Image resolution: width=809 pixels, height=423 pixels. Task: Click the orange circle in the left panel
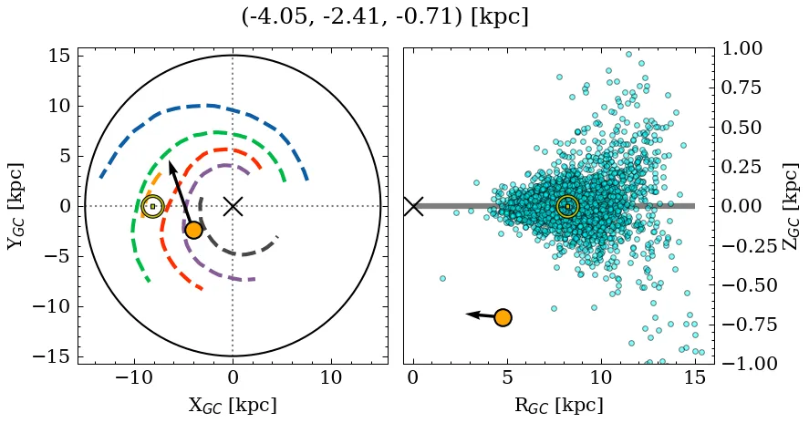point(193,230)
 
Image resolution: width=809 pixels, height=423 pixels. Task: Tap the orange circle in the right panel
point(502,317)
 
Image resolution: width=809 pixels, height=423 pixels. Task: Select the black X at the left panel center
point(233,206)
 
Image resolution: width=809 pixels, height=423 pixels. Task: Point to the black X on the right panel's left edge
point(413,206)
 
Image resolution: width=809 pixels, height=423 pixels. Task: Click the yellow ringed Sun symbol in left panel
point(153,207)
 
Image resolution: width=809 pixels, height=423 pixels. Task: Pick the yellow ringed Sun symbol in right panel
point(567,207)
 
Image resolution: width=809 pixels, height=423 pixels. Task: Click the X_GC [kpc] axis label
point(233,405)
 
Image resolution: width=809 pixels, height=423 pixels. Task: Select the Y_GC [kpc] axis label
point(15,206)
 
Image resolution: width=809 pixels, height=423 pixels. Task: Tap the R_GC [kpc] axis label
point(558,405)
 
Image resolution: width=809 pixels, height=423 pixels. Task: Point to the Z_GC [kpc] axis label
point(791,206)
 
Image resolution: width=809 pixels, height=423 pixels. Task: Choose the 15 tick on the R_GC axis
point(694,378)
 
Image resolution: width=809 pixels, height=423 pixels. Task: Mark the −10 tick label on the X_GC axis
point(134,378)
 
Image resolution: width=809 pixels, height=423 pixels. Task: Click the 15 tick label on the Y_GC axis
point(58,57)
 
